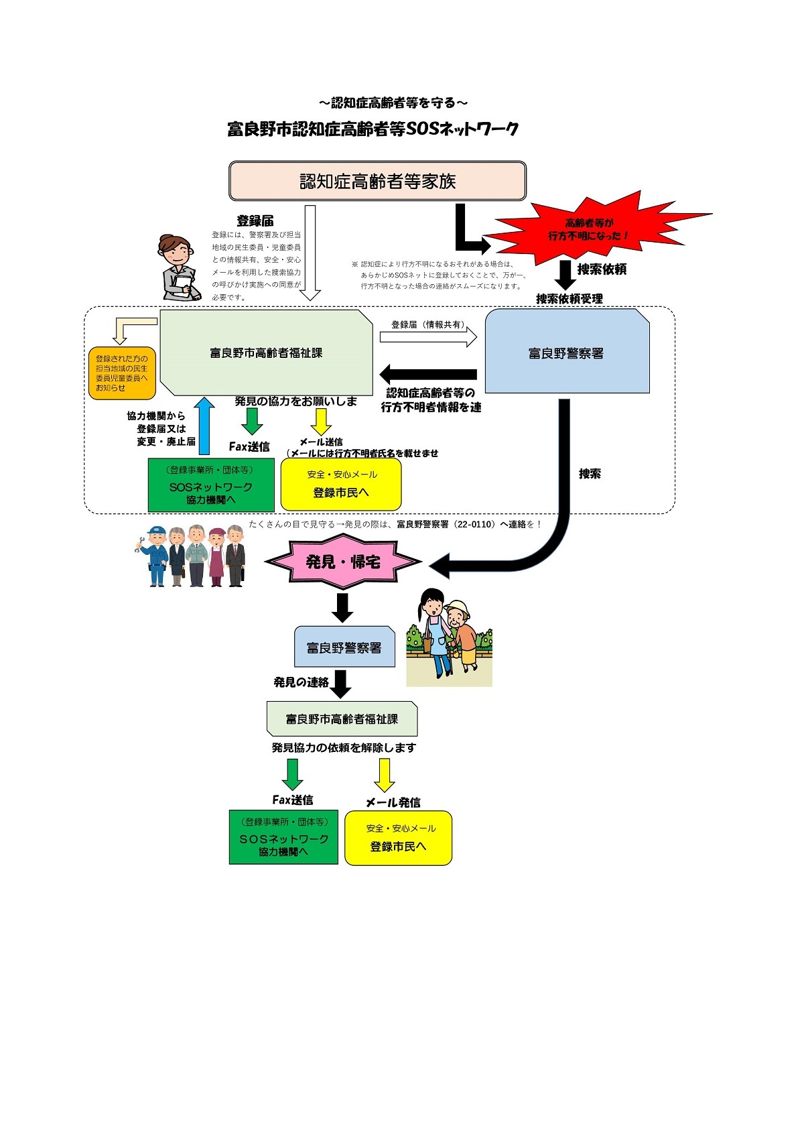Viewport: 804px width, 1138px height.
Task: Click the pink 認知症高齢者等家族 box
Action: tap(377, 181)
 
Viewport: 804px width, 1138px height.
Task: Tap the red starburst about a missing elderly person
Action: tap(590, 229)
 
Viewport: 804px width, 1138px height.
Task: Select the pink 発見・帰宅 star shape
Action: tap(343, 562)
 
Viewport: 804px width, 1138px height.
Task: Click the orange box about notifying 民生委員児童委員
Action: tap(122, 373)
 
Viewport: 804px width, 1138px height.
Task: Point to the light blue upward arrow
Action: tap(204, 426)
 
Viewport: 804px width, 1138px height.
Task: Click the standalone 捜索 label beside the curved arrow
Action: tap(590, 474)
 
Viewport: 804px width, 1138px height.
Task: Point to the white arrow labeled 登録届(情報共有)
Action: tap(428, 336)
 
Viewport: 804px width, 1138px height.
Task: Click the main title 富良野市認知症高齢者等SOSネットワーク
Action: tap(373, 129)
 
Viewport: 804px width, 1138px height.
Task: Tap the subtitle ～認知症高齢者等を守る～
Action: tap(393, 103)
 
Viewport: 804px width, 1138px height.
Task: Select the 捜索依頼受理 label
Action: tap(569, 299)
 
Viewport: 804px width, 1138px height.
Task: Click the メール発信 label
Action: tap(393, 802)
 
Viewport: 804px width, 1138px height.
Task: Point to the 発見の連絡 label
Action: tap(301, 682)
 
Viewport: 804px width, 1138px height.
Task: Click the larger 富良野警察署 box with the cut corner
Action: tap(567, 353)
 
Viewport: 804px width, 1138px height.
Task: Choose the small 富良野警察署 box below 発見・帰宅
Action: tap(344, 647)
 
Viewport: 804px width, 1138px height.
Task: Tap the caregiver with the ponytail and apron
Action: tap(435, 630)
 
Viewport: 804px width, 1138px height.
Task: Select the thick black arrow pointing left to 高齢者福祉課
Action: tap(428, 374)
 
